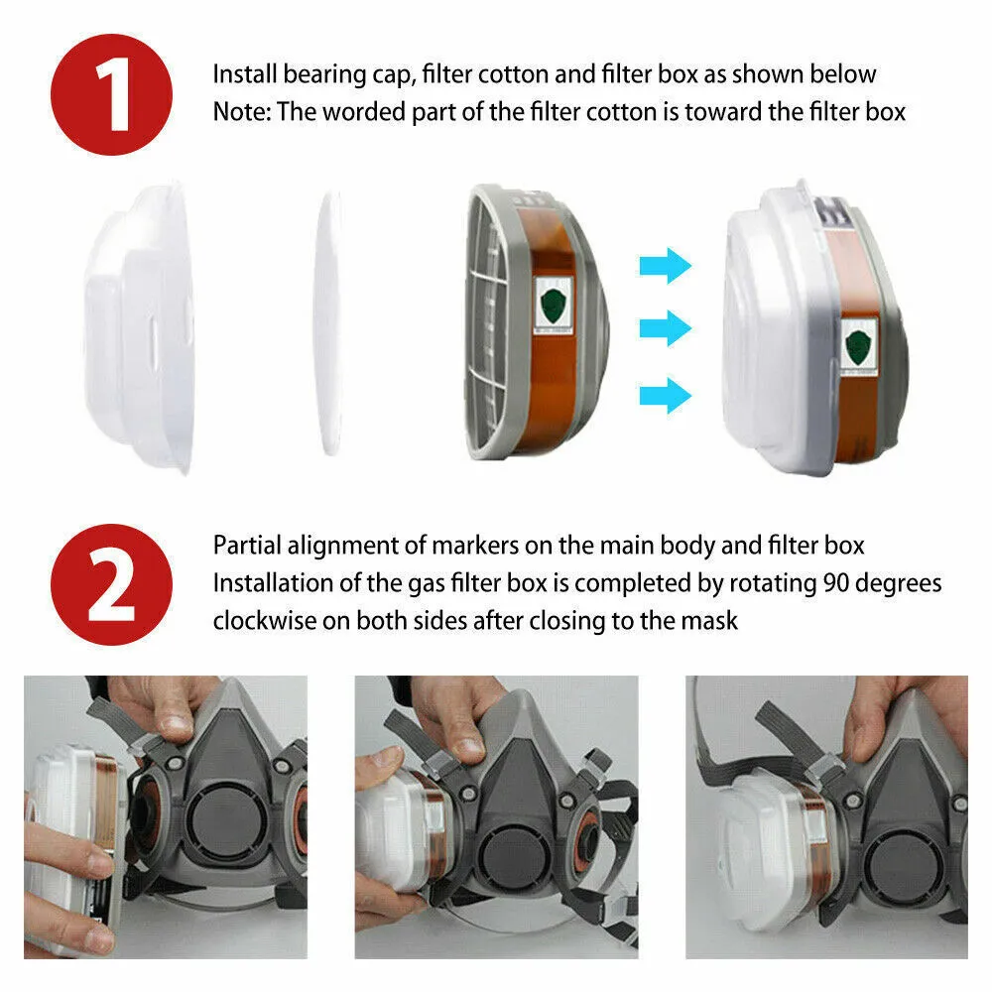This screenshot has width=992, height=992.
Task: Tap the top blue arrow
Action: click(664, 265)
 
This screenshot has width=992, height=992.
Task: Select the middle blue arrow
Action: click(664, 328)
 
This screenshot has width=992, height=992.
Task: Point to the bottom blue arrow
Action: click(664, 394)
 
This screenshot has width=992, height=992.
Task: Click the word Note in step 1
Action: click(241, 112)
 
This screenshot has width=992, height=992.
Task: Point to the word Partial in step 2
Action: click(246, 545)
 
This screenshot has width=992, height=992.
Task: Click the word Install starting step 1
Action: click(245, 74)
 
